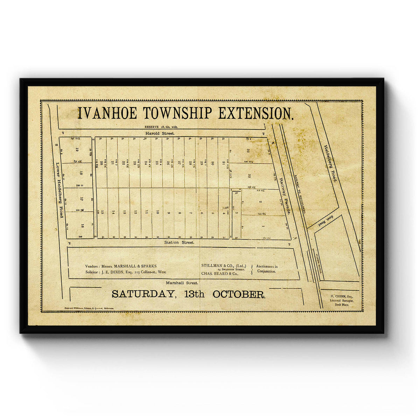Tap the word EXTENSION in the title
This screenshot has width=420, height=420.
[256, 113]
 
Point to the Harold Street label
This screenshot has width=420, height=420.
[161, 133]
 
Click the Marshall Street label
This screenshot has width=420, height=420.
[182, 283]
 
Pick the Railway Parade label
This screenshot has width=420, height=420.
[285, 196]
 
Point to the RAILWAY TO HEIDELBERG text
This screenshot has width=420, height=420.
[300, 194]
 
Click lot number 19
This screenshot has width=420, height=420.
[77, 149]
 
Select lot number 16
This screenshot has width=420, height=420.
[82, 226]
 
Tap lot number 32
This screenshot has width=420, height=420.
[247, 150]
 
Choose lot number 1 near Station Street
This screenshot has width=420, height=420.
[263, 227]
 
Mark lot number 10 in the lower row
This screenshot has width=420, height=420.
[157, 212]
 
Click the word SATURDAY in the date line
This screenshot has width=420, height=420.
[143, 294]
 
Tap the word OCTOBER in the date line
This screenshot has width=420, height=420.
[239, 294]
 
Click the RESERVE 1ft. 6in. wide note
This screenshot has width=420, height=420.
[161, 127]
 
